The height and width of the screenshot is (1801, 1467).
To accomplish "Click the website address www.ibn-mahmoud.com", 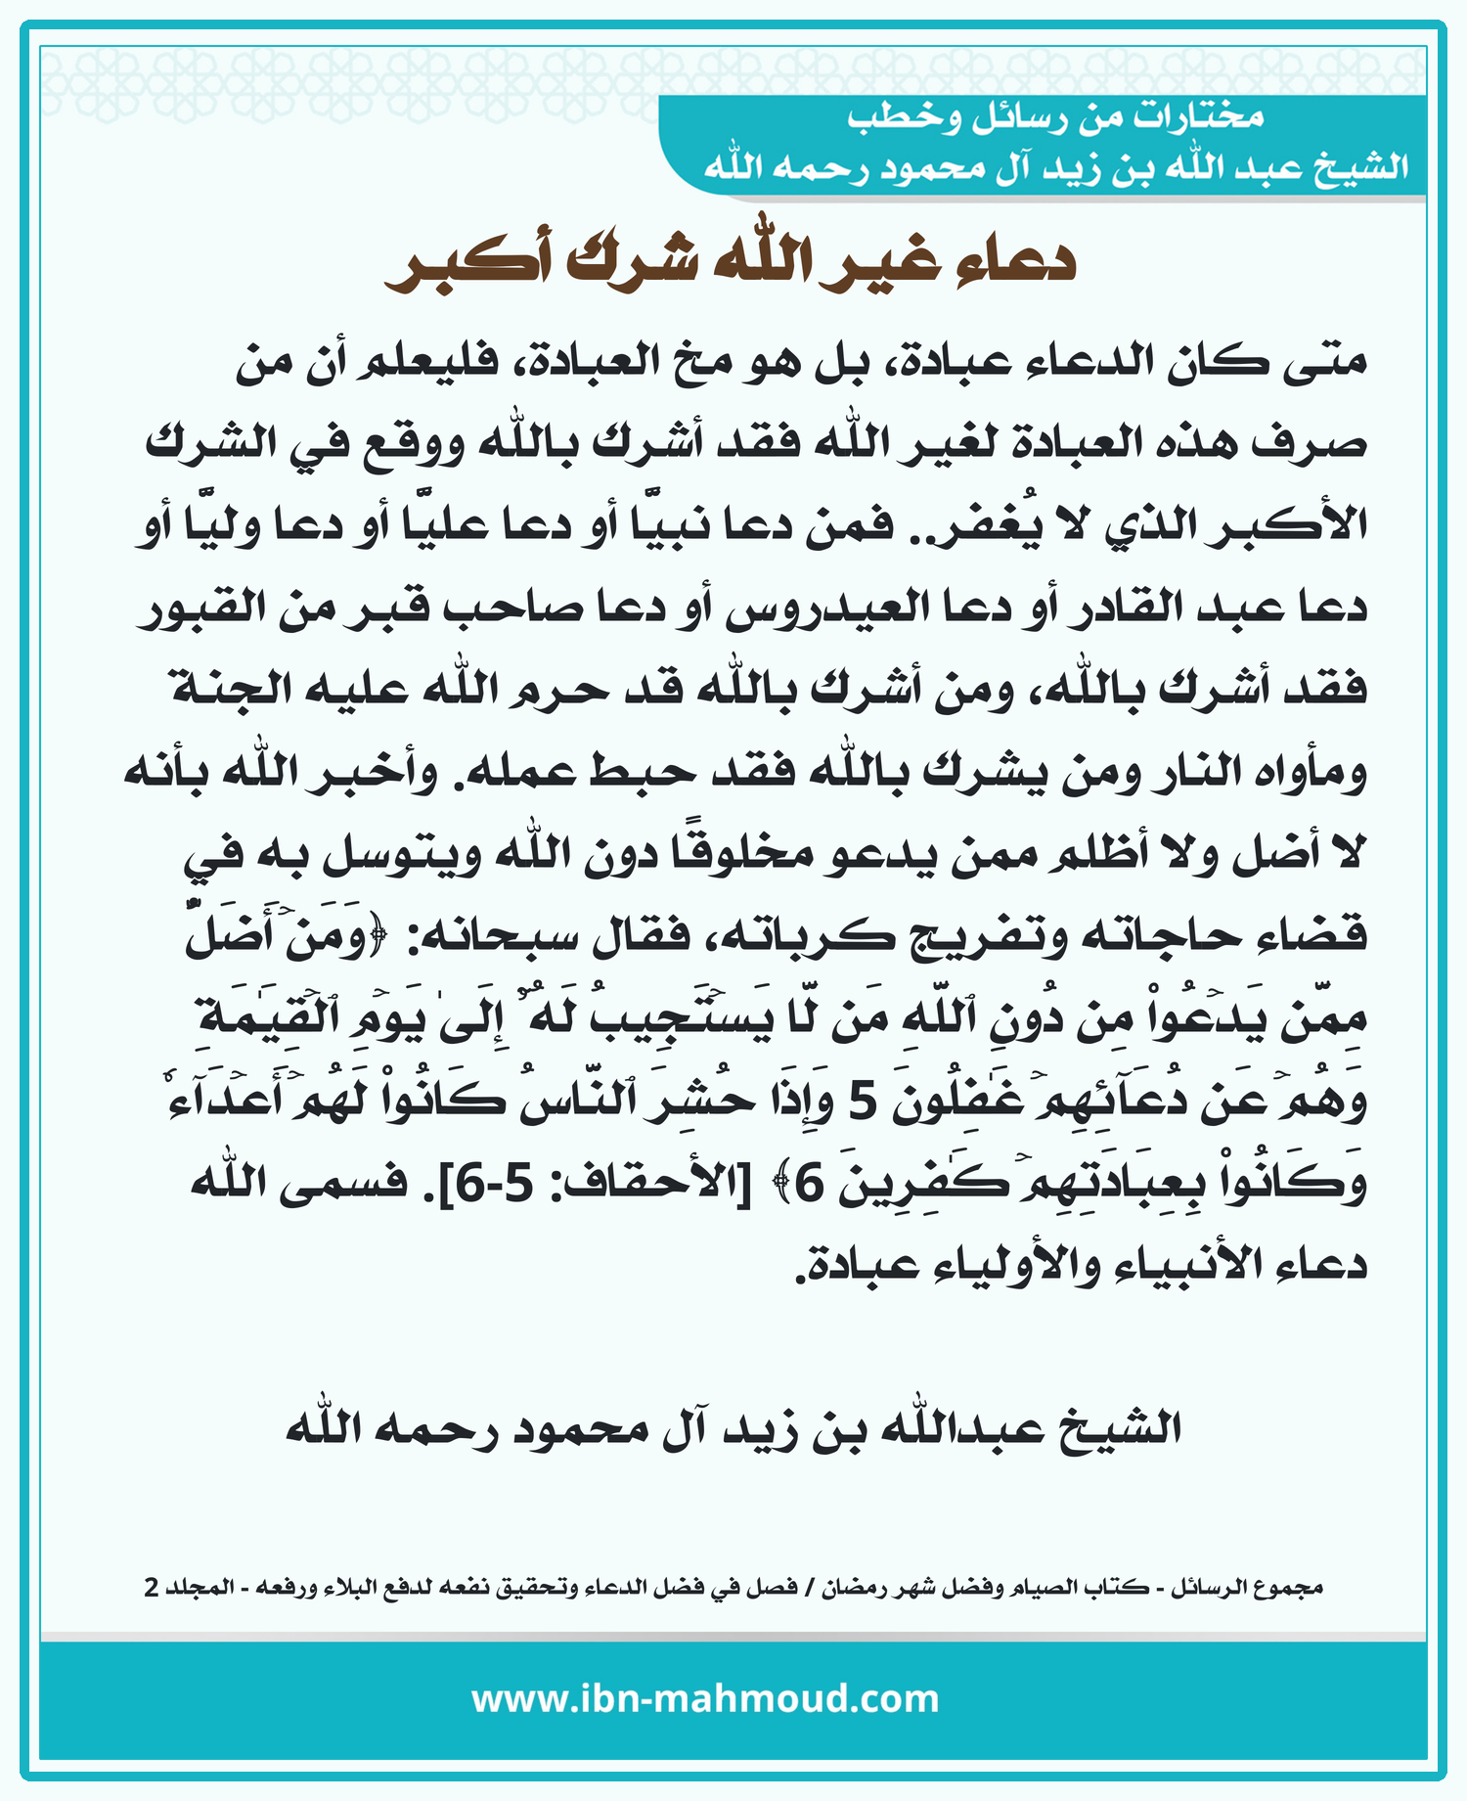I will tap(705, 1698).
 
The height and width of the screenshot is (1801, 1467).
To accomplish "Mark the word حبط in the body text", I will tap(641, 772).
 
